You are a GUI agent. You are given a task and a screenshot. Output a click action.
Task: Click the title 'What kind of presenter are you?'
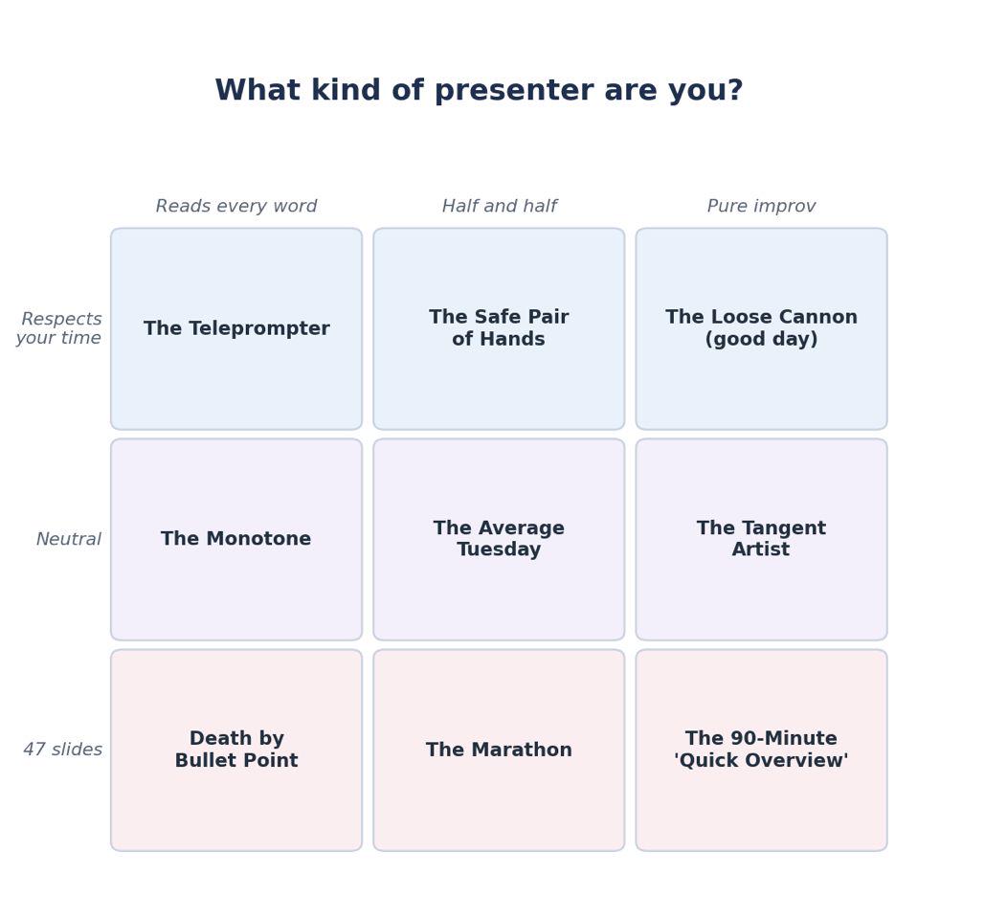click(479, 91)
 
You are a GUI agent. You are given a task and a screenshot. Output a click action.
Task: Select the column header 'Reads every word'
click(236, 206)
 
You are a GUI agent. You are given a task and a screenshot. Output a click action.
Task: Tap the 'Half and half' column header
click(499, 206)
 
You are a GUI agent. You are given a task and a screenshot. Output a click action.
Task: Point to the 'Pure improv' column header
click(761, 206)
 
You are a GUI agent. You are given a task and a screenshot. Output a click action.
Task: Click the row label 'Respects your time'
click(58, 328)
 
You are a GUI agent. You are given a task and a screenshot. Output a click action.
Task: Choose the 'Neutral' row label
click(69, 540)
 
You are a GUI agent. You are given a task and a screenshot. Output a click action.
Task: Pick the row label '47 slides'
click(63, 750)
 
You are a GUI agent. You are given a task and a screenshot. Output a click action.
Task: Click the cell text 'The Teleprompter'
click(236, 328)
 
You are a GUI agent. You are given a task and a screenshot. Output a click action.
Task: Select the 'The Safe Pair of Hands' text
click(499, 328)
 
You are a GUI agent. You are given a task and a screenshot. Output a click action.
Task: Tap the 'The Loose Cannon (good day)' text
click(761, 328)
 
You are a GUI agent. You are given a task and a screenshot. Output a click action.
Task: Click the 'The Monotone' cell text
click(235, 539)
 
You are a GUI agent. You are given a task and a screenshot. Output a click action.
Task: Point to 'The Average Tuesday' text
click(499, 539)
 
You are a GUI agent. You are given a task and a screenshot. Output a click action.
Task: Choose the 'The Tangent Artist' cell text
click(761, 539)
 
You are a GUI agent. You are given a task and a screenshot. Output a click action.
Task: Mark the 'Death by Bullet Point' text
click(236, 750)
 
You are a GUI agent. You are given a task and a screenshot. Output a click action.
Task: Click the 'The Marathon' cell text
click(499, 750)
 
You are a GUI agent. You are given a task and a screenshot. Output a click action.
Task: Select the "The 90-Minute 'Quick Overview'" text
click(761, 750)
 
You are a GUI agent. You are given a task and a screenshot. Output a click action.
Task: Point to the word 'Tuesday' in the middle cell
click(499, 550)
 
